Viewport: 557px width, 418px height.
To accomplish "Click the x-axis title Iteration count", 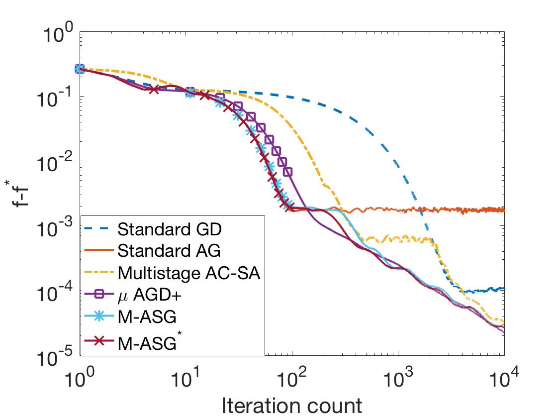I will click(291, 406).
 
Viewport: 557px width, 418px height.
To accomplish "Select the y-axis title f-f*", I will click(20, 194).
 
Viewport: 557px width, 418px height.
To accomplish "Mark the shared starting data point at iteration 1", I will click(80, 69).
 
